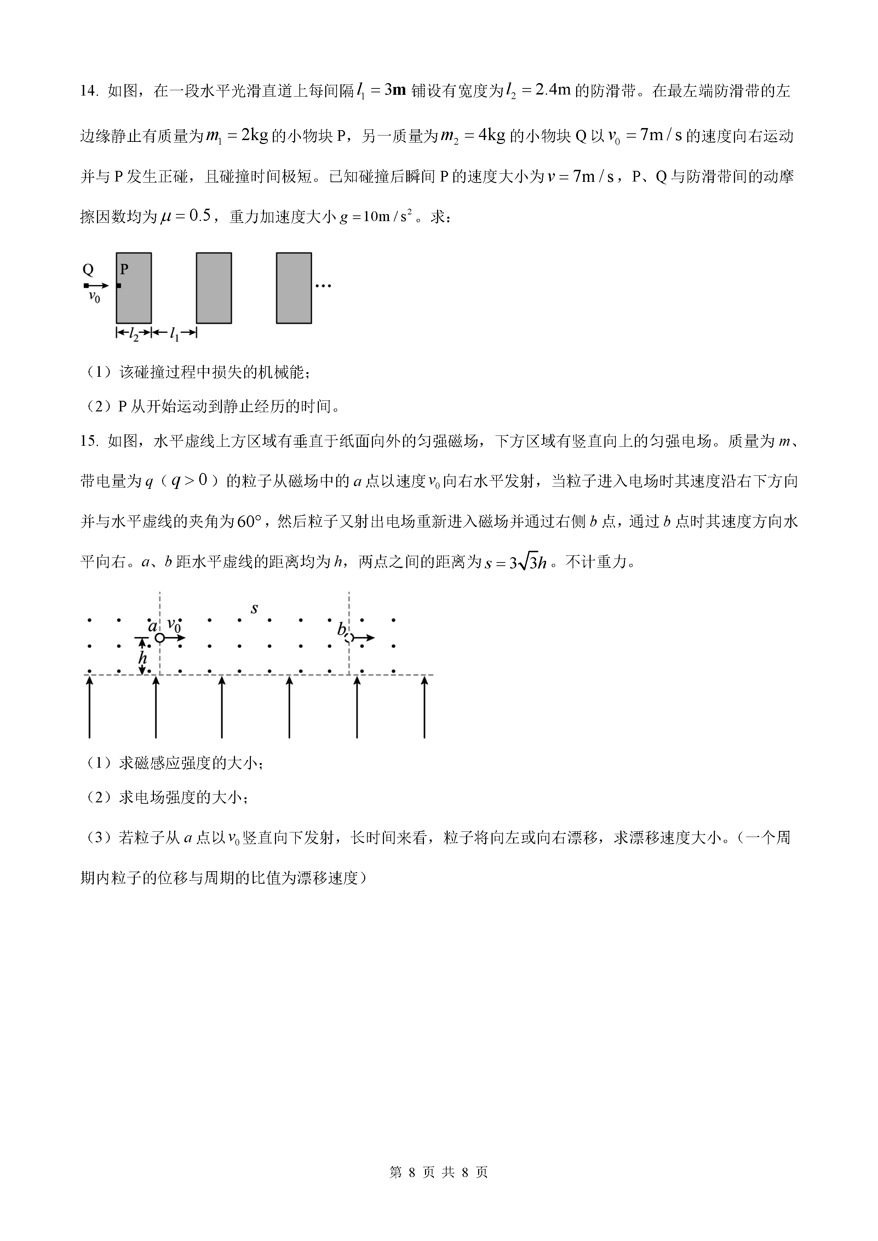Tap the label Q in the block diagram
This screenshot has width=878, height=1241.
pos(87,269)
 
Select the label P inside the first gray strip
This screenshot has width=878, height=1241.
pos(124,269)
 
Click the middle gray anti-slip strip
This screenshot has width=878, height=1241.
pos(213,288)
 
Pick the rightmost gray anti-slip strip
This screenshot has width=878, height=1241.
pos(294,288)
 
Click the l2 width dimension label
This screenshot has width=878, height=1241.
pos(133,335)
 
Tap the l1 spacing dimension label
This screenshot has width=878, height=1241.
pos(174,335)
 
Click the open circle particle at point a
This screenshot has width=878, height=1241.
pos(160,638)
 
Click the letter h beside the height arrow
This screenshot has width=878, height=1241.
pos(143,658)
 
